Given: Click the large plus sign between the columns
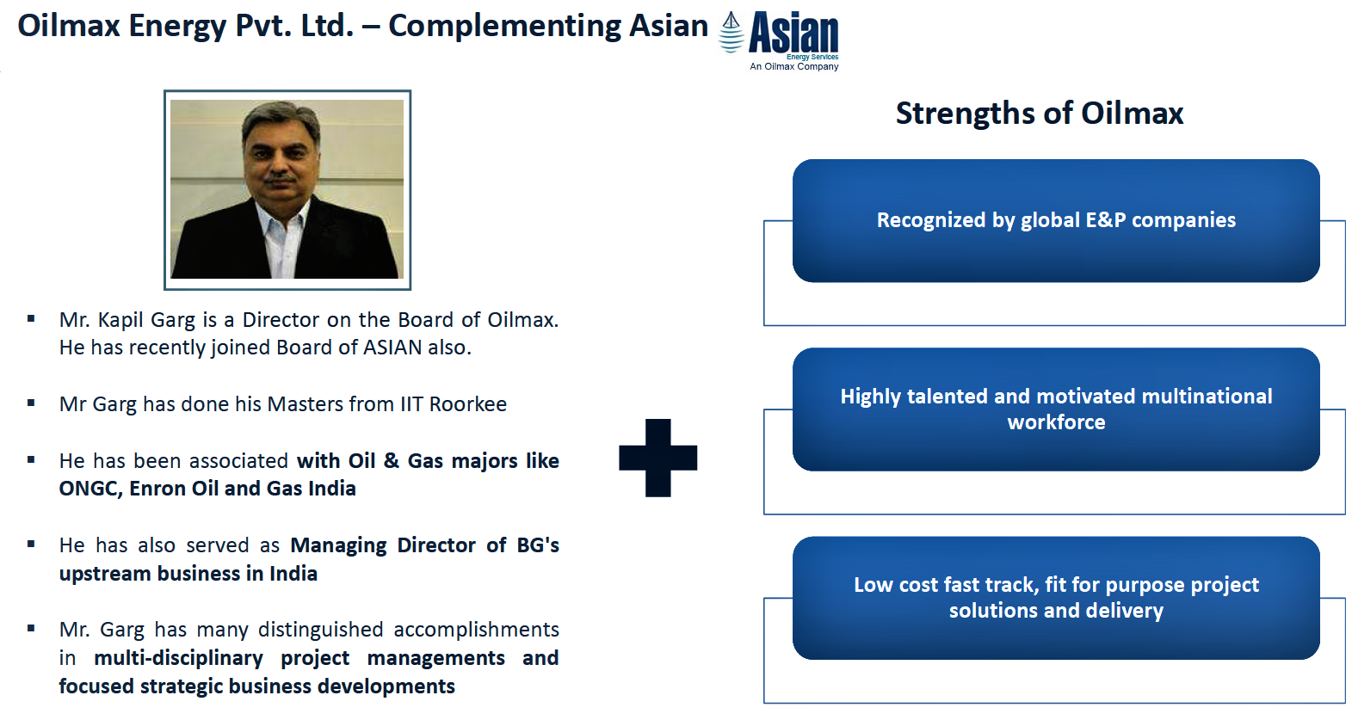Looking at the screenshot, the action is coord(657,458).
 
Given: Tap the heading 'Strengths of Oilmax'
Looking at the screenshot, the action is coord(1040,113).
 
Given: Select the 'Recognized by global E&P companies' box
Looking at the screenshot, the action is coord(1056,220).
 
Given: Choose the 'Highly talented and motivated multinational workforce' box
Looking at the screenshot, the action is coord(1056,409).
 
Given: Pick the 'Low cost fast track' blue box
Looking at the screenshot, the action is coord(1056,598).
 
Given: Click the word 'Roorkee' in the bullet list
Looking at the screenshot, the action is coord(468,403).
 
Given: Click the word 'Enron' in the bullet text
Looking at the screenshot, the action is coord(157,489).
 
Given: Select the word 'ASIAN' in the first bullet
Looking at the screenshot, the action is coord(392,348).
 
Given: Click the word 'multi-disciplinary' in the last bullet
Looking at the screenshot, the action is coord(179,658).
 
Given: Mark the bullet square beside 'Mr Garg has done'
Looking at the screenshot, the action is coord(31,403).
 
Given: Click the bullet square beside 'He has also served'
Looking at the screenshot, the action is coord(31,544).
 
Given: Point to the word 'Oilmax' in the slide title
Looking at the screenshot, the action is coord(69,26).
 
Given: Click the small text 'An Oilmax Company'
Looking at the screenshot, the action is coord(793,66).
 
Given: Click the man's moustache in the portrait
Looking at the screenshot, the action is coord(281,179).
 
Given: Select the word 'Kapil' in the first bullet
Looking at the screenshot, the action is coord(120,320).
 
